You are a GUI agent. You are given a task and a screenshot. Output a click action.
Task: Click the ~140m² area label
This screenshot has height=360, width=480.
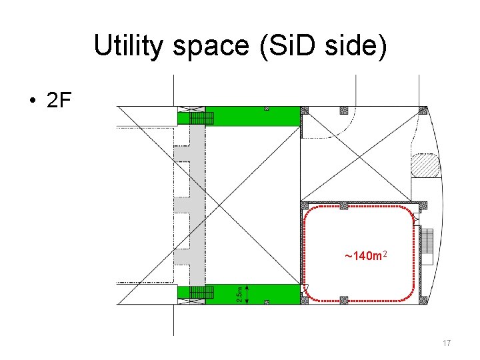pos(366,256)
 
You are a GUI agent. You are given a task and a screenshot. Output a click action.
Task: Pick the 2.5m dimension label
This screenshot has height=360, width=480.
pos(239,294)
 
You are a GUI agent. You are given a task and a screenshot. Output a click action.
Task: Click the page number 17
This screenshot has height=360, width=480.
pos(446,343)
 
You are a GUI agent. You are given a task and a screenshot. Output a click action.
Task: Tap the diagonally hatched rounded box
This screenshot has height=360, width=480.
pos(425,165)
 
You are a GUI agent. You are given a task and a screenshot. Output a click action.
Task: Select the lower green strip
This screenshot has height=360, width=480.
pos(253,293)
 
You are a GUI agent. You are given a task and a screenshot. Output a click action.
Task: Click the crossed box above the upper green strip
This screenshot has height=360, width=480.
pos(190,109)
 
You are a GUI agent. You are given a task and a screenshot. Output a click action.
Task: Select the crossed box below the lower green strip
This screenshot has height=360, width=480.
pos(190,302)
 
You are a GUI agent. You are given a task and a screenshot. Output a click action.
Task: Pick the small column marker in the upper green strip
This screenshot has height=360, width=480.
pos(266,108)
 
